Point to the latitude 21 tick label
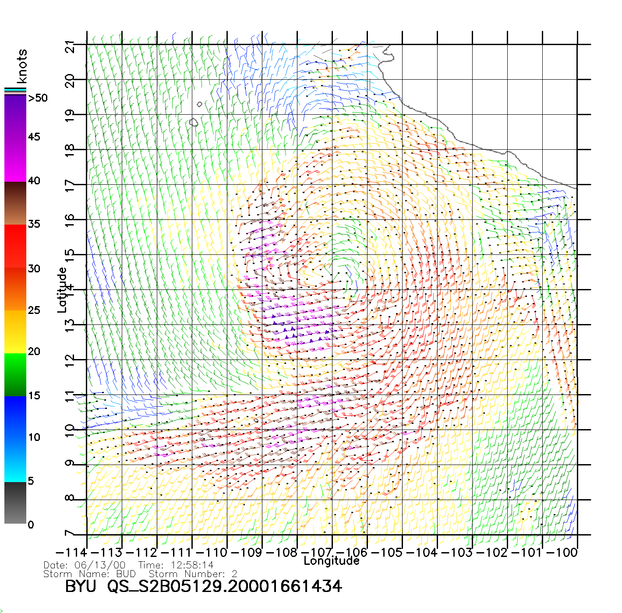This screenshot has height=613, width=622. [70, 46]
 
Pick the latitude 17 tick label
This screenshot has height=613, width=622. [70, 186]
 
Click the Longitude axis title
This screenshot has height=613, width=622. [332, 561]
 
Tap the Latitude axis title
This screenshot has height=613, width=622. [62, 290]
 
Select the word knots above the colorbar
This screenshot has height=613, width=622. [22, 66]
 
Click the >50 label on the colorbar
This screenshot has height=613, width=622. [38, 98]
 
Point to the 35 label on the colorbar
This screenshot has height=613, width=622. [34, 224]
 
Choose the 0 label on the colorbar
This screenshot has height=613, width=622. [31, 525]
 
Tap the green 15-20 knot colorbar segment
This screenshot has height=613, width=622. [15, 374]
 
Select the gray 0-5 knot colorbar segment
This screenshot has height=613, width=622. [15, 503]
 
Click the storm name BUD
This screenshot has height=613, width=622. [126, 574]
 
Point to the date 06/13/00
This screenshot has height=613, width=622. [100, 565]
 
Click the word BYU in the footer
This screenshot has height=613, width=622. [80, 586]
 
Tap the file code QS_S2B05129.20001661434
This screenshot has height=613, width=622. [224, 586]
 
